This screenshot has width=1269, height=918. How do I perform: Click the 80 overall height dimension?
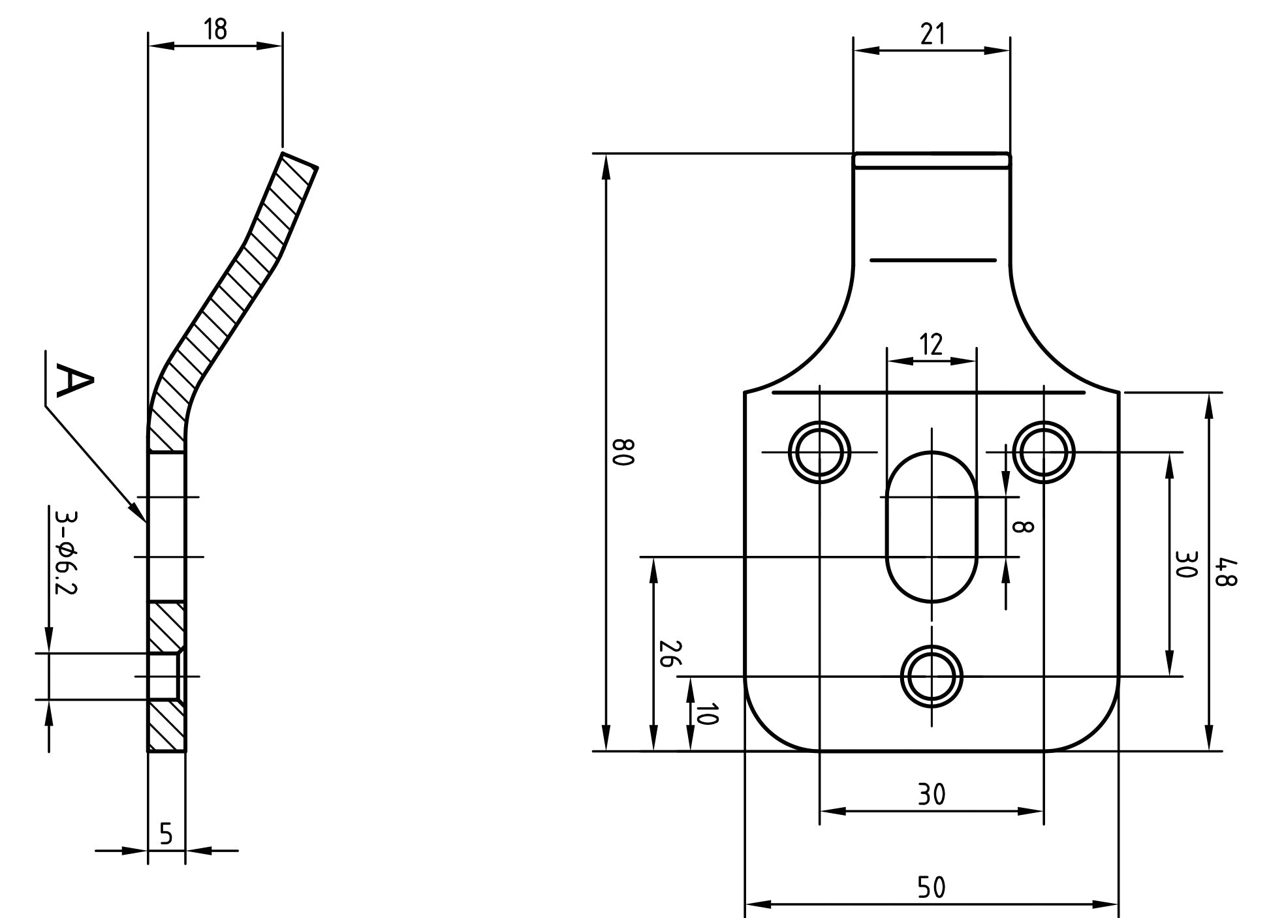point(623,452)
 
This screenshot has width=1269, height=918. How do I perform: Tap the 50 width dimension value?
point(932,887)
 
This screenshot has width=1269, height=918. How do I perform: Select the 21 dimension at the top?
point(933,34)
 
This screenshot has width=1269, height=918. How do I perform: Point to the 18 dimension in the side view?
point(215,29)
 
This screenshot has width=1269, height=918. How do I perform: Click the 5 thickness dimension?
point(166,834)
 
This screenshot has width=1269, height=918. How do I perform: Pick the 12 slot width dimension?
point(932,344)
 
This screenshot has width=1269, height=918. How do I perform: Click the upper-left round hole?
point(820,452)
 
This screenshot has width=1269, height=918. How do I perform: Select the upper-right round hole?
point(1044,452)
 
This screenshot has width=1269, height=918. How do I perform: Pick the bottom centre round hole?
point(932,677)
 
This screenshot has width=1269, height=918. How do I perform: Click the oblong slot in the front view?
point(932,527)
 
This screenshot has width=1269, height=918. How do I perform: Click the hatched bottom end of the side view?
point(166,726)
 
